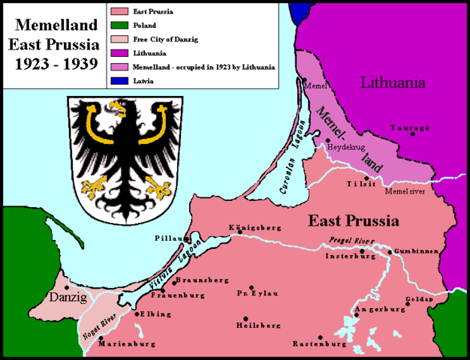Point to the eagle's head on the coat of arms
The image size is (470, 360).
(x=116, y=110)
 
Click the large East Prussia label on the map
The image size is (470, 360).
(x=354, y=220)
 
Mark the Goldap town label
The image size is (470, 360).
(x=420, y=298)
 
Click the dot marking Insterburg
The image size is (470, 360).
(x=361, y=250)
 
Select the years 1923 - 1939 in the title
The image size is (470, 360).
(x=52, y=63)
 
